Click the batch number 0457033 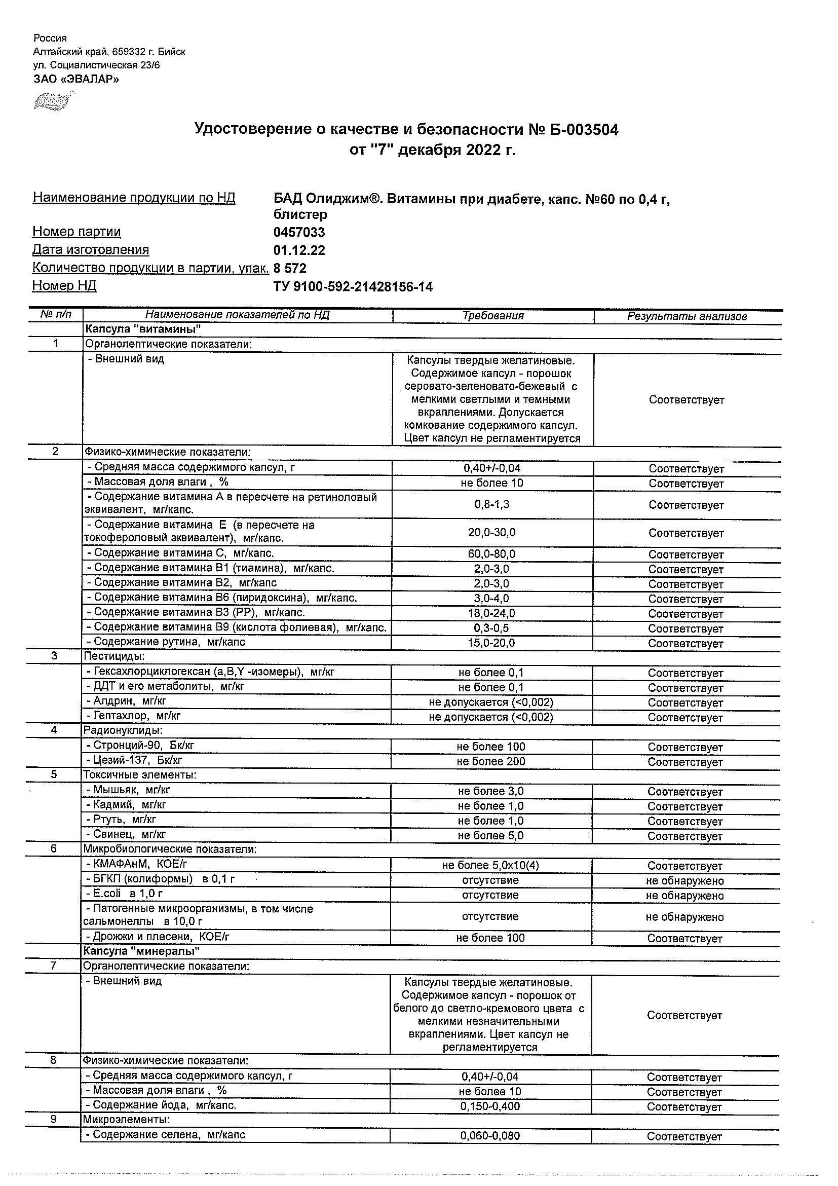click(299, 233)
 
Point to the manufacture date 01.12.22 click(299, 250)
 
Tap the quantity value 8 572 click(290, 269)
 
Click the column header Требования click(492, 316)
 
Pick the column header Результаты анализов click(687, 317)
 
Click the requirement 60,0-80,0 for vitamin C click(491, 554)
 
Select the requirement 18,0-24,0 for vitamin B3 click(491, 614)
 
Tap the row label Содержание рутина click(166, 642)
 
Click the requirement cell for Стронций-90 click(490, 747)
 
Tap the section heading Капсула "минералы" click(141, 951)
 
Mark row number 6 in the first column click(54, 849)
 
